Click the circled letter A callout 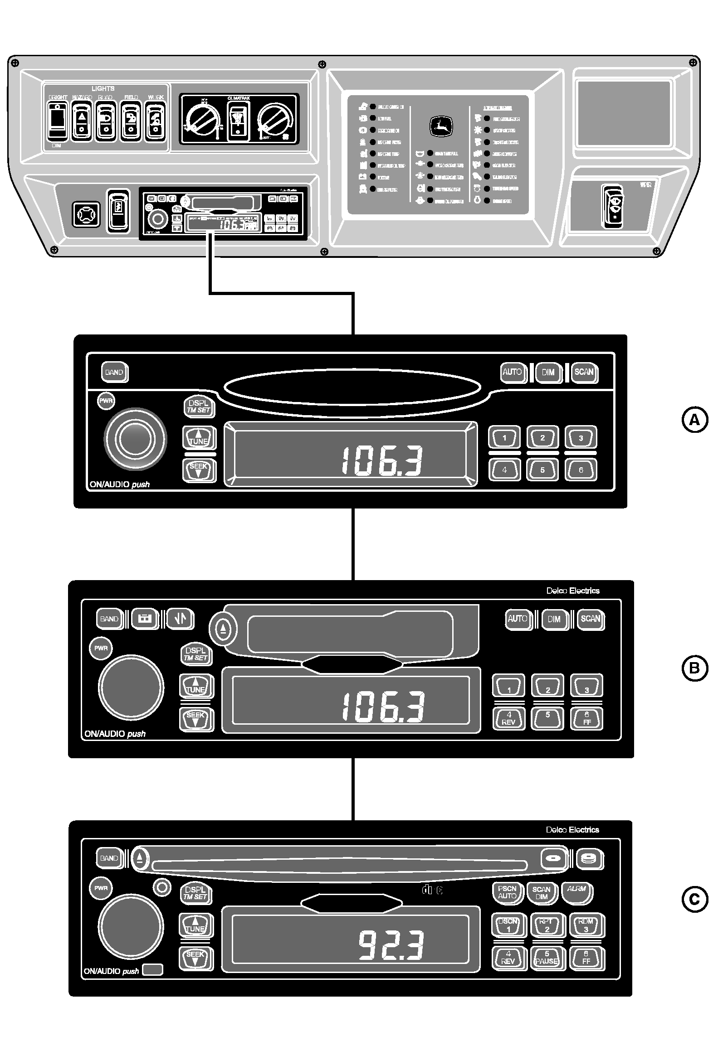coord(695,420)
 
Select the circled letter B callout coord(695,668)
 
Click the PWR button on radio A coord(107,401)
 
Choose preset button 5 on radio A coord(542,470)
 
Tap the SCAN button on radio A coord(584,372)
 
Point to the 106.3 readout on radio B coord(383,707)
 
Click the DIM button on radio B coord(554,619)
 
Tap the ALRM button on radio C coord(576,889)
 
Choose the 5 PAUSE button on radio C coord(547,957)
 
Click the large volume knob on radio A coord(135,439)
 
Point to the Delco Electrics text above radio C coord(572,829)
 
